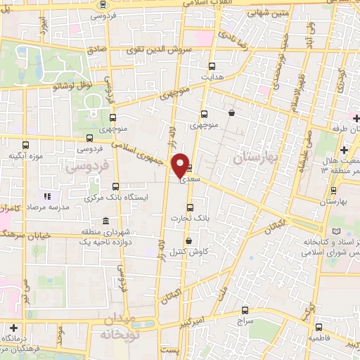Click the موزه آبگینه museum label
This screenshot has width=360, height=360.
(x=26, y=155)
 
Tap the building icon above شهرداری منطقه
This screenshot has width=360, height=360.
(x=105, y=221)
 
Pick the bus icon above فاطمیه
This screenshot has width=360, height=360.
(x=318, y=327)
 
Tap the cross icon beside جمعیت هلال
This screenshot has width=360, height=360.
(x=344, y=150)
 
